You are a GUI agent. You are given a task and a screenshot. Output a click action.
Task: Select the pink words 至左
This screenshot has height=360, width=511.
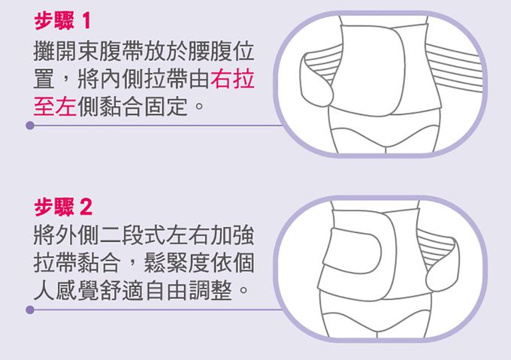point(55,104)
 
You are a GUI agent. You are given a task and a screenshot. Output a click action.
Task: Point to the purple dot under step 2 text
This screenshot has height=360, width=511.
point(30,309)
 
